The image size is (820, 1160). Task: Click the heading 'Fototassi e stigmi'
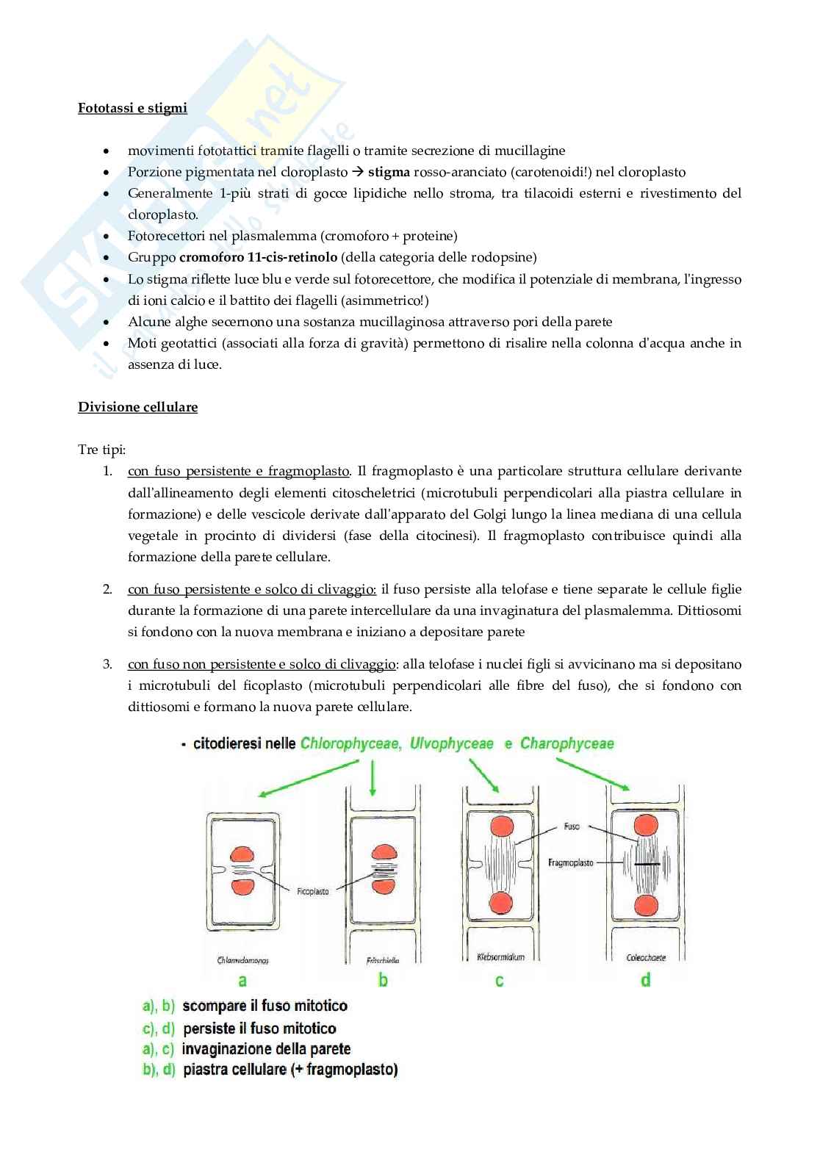point(132,108)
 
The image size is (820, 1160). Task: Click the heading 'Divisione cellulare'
point(137,406)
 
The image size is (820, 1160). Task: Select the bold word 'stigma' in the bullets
point(389,172)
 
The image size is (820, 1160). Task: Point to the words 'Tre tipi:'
point(102,449)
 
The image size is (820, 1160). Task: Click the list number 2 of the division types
point(107,589)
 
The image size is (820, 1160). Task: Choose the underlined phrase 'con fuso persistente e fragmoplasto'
point(239,471)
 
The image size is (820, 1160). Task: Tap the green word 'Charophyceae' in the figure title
point(567,743)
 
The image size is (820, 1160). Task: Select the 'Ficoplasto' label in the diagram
point(313,891)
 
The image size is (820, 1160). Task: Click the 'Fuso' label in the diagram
point(571,826)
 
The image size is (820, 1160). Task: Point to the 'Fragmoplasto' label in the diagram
point(570,862)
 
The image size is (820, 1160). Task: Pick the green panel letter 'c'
point(499,980)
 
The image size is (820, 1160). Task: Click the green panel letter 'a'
point(242,980)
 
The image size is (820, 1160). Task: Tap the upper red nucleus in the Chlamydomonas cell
point(242,855)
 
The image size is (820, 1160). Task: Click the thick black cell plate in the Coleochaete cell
point(647,865)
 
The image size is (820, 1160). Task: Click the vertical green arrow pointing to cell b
point(373,777)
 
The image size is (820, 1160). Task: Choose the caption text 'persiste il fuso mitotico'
point(259,1028)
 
